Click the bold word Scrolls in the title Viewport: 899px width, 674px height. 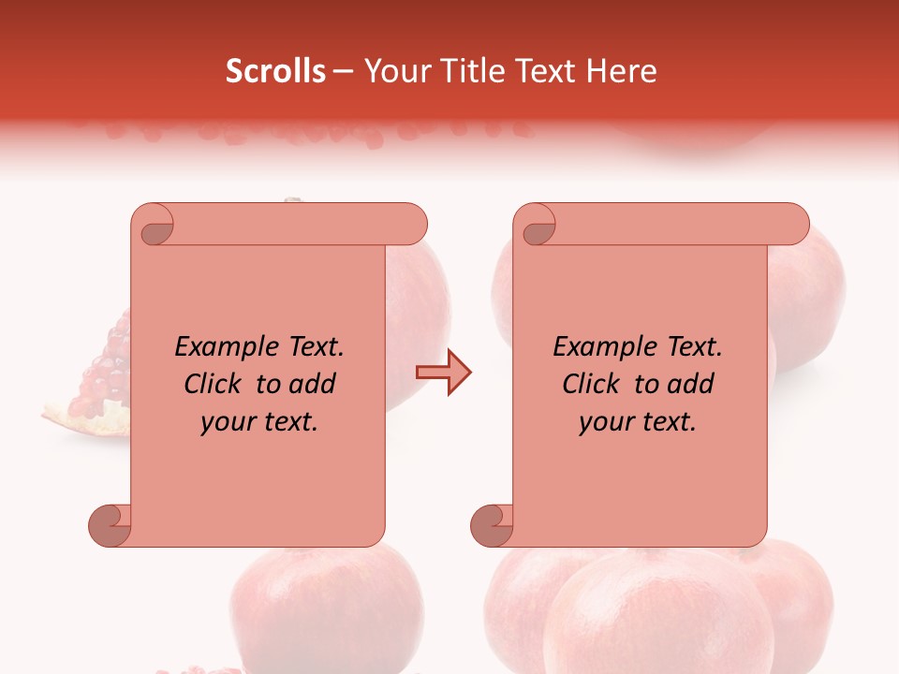[x=275, y=71]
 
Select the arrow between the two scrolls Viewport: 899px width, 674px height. [x=444, y=373]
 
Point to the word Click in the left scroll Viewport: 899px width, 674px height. [x=214, y=384]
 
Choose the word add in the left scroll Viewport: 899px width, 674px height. [x=312, y=384]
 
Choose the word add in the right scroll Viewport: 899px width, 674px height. [x=690, y=384]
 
